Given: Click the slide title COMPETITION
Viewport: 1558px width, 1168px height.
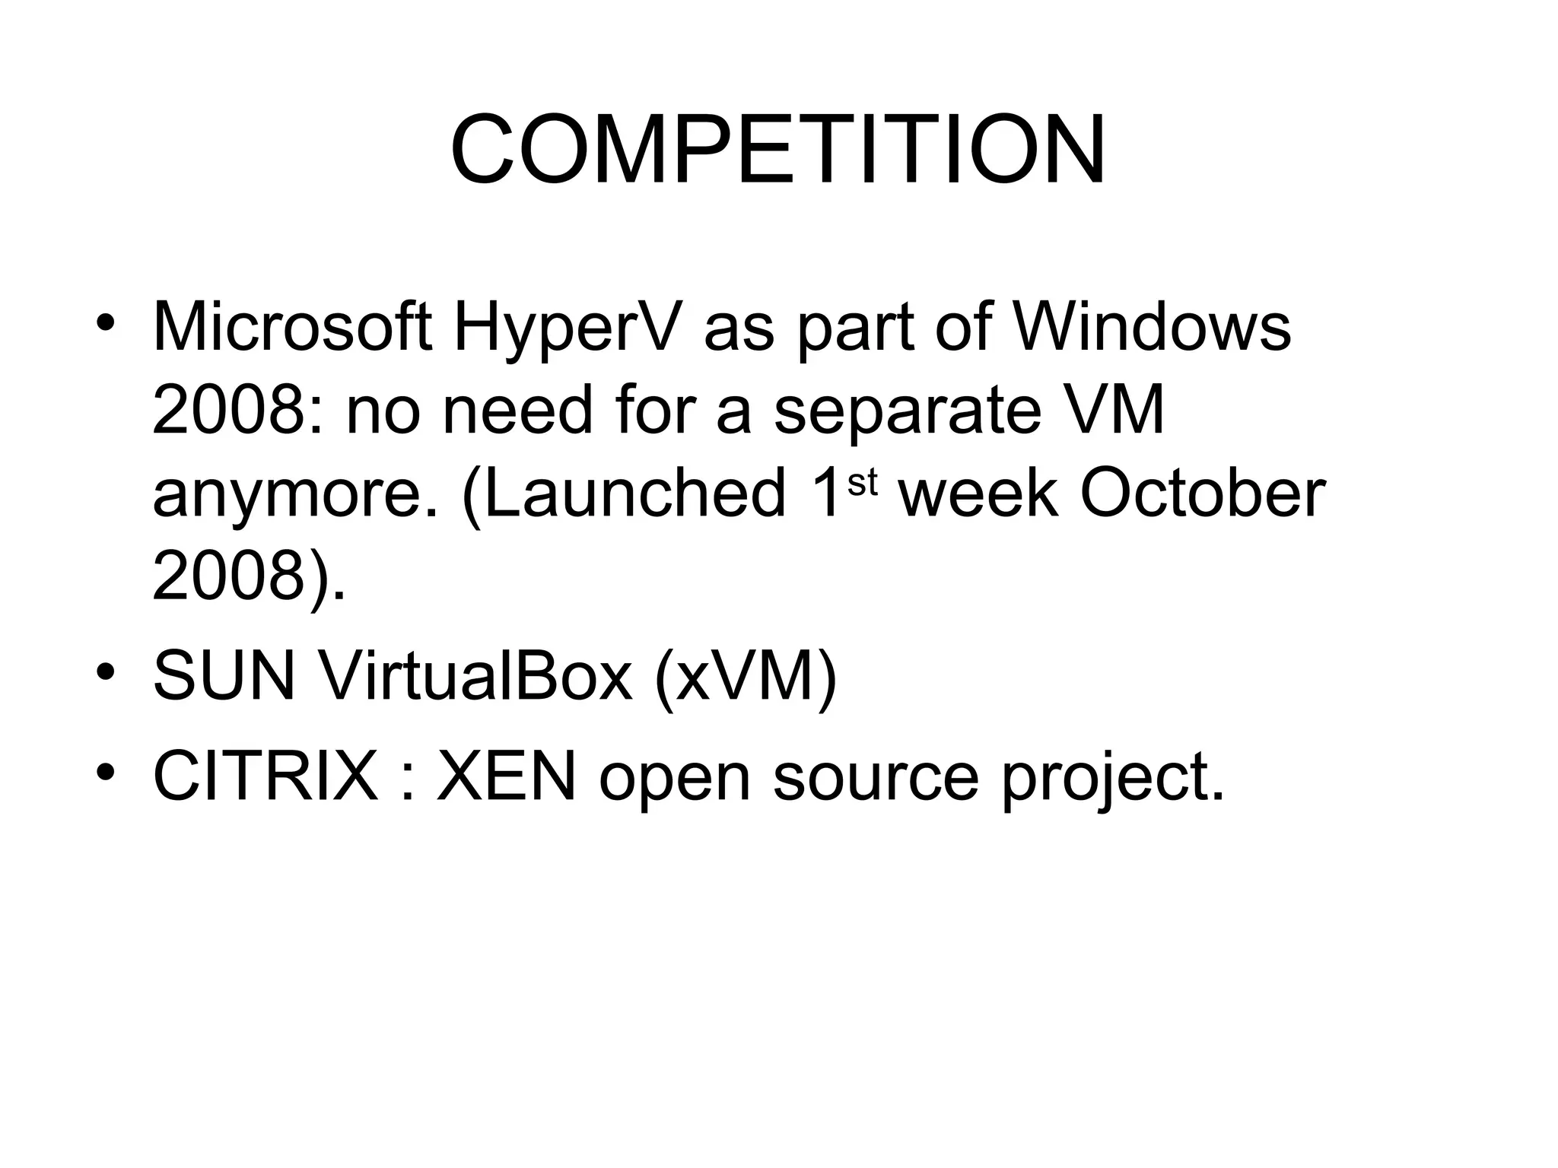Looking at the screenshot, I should click(777, 150).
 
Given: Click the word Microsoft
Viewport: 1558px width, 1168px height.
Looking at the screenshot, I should click(293, 328).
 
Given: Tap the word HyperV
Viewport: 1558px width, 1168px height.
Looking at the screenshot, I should click(564, 328).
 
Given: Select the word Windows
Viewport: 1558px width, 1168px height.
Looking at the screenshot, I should click(1153, 328).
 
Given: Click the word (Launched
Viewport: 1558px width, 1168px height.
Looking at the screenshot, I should click(623, 495).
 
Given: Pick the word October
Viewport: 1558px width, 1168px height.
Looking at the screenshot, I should click(1203, 495).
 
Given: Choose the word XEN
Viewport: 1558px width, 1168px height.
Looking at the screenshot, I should click(506, 776).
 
